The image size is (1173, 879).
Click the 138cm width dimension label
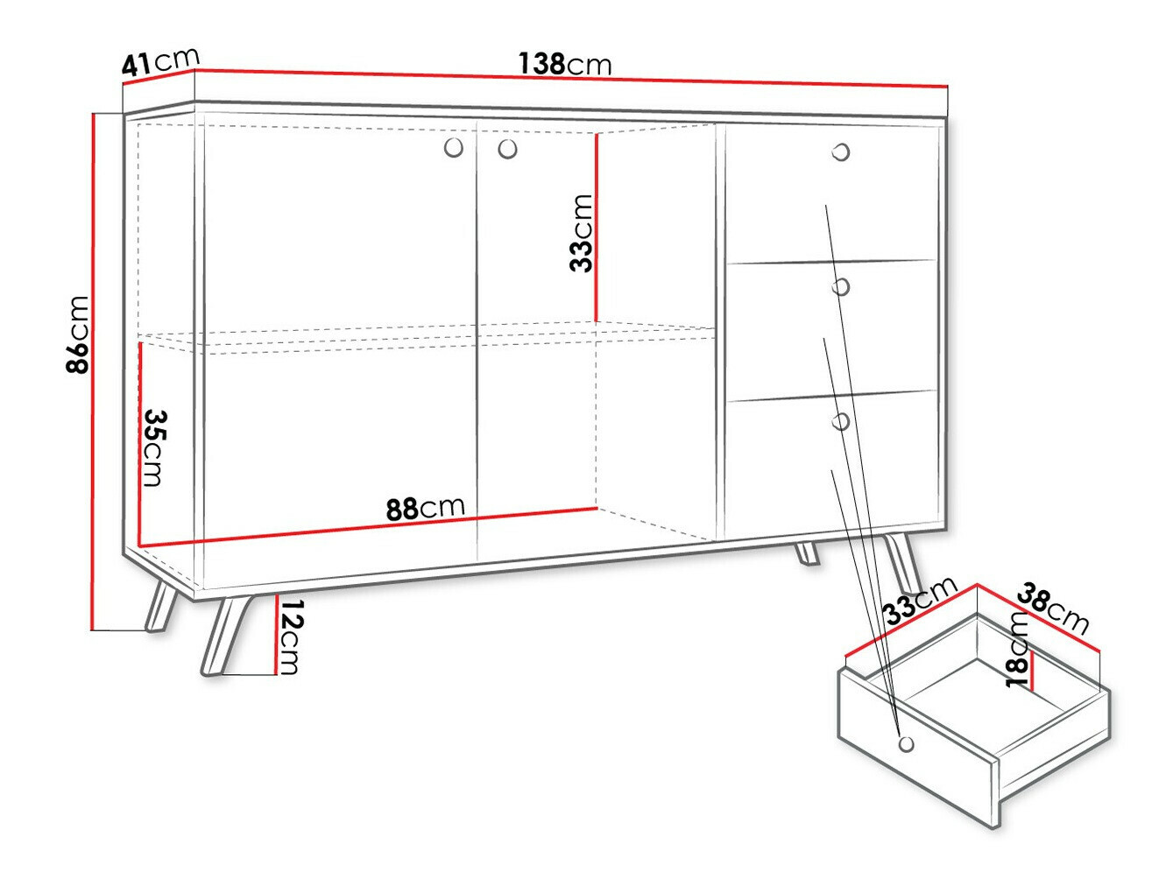click(565, 64)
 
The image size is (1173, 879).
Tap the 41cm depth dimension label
click(160, 62)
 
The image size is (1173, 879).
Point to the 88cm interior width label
click(425, 508)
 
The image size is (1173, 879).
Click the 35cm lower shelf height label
click(154, 447)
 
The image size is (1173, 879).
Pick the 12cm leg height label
click(290, 637)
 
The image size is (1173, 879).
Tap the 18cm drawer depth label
click(1017, 649)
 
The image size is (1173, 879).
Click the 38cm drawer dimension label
click(1052, 609)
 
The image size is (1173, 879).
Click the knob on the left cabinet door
click(453, 148)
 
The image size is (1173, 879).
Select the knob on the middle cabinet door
click(507, 150)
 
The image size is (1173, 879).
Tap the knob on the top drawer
click(841, 152)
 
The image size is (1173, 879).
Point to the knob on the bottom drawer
click(841, 422)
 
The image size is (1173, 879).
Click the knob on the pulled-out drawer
click(906, 743)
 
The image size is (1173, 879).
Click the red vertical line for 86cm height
click(93, 371)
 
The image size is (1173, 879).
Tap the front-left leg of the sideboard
click(219, 635)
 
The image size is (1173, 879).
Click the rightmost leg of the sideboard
click(902, 565)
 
